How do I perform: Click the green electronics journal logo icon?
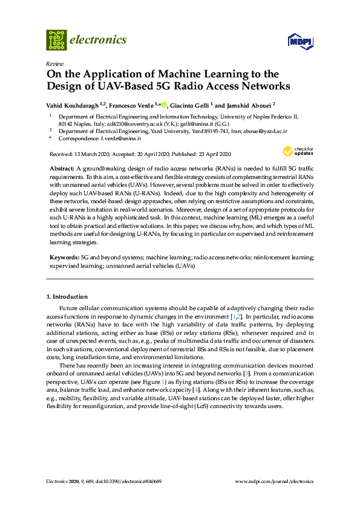pos(56,40)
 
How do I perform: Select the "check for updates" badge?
pos(298,152)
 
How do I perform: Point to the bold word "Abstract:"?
pos(63,166)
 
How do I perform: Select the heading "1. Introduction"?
pos(67,297)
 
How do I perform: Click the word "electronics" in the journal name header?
pos(99,40)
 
